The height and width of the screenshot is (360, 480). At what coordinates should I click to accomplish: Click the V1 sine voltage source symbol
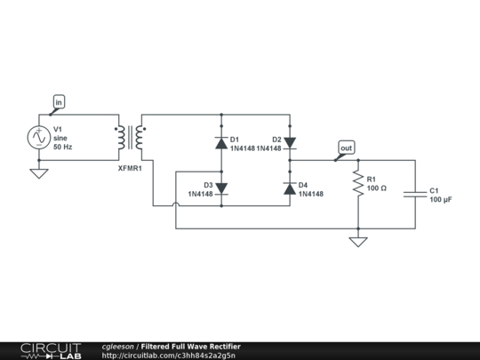pyautogui.click(x=39, y=138)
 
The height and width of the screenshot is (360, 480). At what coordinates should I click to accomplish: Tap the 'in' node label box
pyautogui.click(x=60, y=103)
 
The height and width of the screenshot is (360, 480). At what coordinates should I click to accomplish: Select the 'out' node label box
pyautogui.click(x=346, y=148)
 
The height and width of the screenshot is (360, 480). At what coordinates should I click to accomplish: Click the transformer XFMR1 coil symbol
pyautogui.click(x=131, y=138)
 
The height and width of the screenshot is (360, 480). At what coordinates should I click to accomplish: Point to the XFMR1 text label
pyautogui.click(x=130, y=167)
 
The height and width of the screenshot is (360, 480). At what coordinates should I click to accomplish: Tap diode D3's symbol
pyautogui.click(x=221, y=188)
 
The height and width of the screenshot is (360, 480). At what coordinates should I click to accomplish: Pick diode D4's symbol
pyautogui.click(x=289, y=188)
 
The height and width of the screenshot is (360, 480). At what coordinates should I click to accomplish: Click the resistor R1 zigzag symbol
pyautogui.click(x=357, y=183)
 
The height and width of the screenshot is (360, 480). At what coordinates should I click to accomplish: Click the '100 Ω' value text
pyautogui.click(x=378, y=188)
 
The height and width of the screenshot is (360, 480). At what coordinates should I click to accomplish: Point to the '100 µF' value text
pyautogui.click(x=441, y=200)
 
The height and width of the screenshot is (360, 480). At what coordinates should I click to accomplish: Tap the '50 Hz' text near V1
pyautogui.click(x=64, y=146)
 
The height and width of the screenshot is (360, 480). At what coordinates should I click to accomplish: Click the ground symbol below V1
pyautogui.click(x=39, y=173)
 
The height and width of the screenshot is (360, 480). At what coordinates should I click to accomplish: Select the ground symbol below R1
pyautogui.click(x=357, y=242)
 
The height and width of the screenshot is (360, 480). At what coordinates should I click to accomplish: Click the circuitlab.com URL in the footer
pyautogui.click(x=169, y=356)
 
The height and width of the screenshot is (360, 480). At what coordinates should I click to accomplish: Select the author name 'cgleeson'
pyautogui.click(x=118, y=346)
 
